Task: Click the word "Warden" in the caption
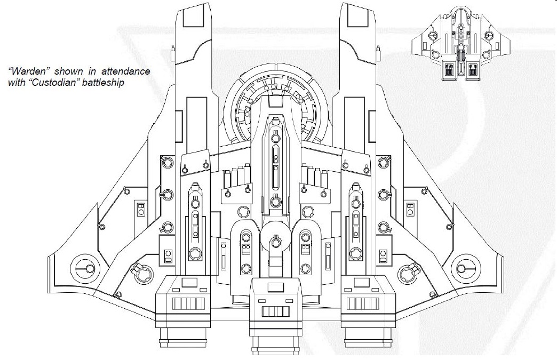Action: tap(27, 71)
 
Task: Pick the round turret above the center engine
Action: tap(275, 242)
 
